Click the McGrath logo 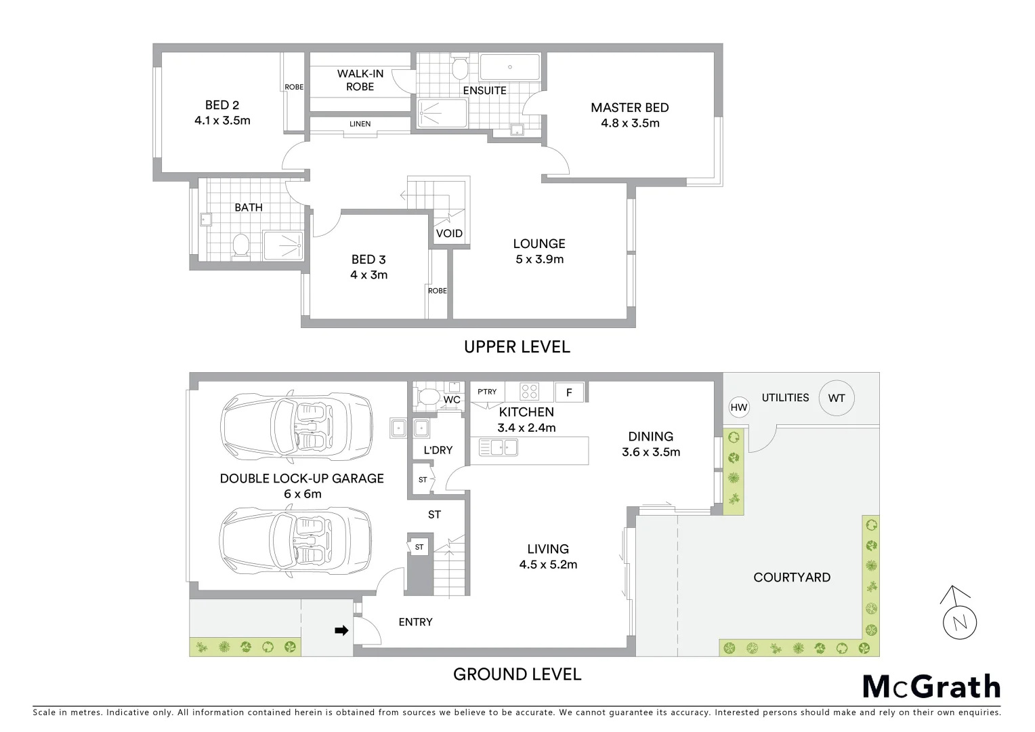tap(931, 687)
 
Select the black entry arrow tap(342, 631)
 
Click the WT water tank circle tap(837, 399)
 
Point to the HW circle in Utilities tap(739, 407)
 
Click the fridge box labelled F tap(569, 392)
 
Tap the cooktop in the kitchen tap(529, 392)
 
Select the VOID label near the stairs tap(449, 233)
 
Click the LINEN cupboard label tap(360, 124)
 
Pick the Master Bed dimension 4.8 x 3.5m tap(630, 123)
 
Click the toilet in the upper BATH tap(239, 245)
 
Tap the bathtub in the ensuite tap(509, 68)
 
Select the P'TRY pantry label tap(487, 392)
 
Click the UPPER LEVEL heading tap(517, 347)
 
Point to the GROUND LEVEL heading tap(517, 674)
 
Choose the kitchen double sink tap(498, 447)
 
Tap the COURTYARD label tap(792, 577)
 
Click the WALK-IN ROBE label tap(360, 80)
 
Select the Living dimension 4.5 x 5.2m tap(548, 565)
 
